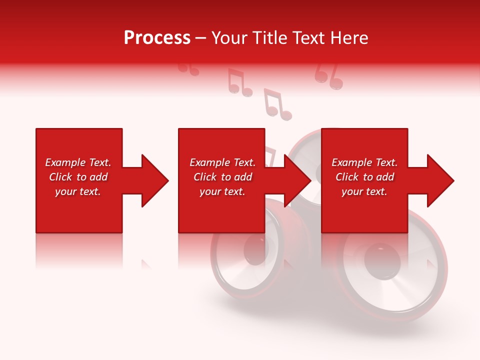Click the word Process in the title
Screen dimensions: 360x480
[157, 38]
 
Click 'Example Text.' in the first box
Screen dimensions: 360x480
[78, 162]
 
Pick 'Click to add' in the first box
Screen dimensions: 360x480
[78, 177]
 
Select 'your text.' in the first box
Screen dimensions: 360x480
[78, 191]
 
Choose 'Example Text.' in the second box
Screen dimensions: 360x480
[222, 162]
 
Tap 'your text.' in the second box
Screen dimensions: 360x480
[222, 191]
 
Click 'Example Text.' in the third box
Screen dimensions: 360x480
[364, 162]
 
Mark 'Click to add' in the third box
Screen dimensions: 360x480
[364, 177]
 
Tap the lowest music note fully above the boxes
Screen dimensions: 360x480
[277, 105]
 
